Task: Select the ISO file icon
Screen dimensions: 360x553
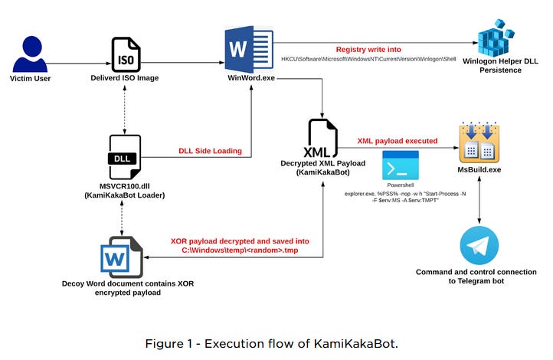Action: pos(125,53)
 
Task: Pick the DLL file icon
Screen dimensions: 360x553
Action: pos(125,158)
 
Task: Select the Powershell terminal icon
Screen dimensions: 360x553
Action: pos(401,165)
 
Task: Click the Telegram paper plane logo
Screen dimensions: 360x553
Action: pos(479,245)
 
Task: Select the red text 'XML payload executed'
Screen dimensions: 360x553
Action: pos(397,141)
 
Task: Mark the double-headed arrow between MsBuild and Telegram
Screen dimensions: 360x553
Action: pos(479,200)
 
